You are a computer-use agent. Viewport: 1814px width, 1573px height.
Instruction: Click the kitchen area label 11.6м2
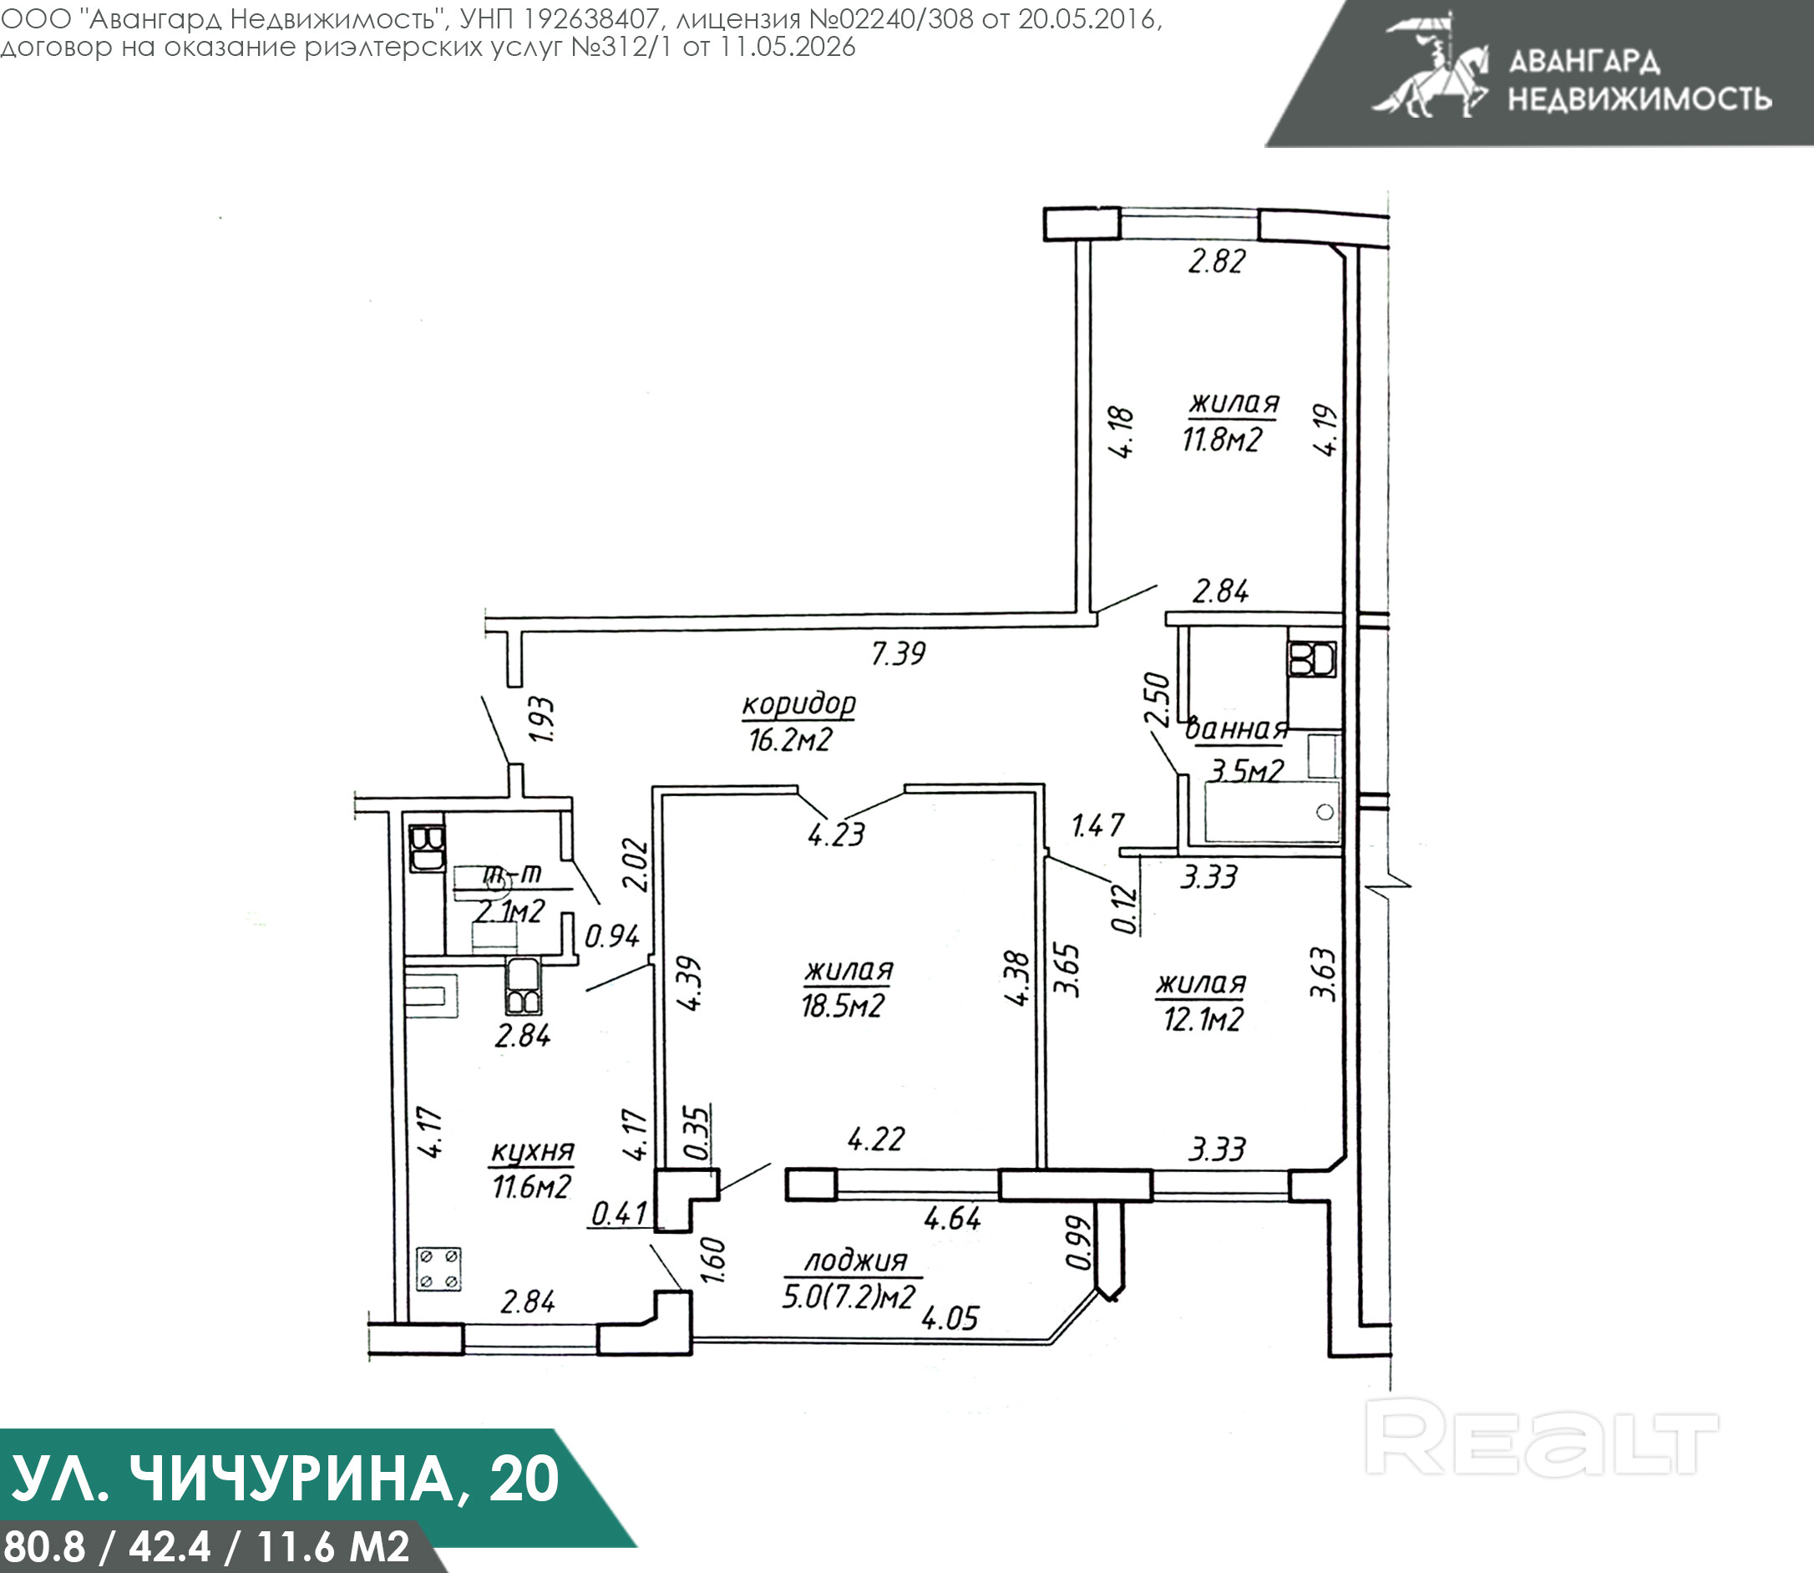point(531,1187)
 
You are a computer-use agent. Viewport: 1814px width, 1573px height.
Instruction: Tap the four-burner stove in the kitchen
point(438,1269)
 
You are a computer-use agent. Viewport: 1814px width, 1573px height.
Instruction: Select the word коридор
point(798,705)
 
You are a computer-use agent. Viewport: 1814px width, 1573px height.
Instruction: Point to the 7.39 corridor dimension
point(899,653)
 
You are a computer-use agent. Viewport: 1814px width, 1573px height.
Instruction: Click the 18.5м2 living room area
point(843,1005)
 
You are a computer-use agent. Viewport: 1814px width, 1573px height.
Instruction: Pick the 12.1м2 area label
point(1203,1019)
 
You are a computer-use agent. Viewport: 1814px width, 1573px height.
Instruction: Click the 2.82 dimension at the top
point(1216,261)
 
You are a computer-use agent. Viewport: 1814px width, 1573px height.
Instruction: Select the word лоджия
point(857,1261)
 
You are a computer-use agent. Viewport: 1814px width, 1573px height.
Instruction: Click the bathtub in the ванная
point(1272,812)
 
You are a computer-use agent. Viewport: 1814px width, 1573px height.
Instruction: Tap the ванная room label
point(1237,729)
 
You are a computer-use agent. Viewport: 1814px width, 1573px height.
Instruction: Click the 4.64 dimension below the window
point(952,1218)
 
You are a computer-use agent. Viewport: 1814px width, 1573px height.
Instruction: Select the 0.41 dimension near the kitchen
point(620,1214)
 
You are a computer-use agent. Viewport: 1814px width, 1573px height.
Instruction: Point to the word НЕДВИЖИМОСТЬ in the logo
point(1640,99)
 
